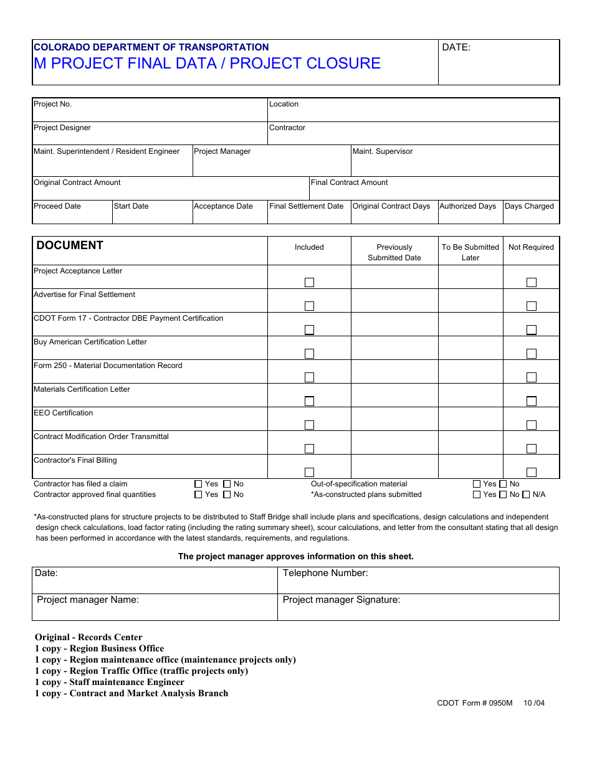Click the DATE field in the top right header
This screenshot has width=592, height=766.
pyautogui.click(x=499, y=62)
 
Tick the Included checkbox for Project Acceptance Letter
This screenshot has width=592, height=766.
pyautogui.click(x=309, y=282)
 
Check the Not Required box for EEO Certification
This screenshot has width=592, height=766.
pyautogui.click(x=531, y=425)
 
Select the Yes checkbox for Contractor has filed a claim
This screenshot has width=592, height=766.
pyautogui.click(x=198, y=484)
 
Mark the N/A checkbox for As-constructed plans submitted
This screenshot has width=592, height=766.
pyautogui.click(x=526, y=494)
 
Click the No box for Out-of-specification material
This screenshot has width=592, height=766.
pyautogui.click(x=503, y=484)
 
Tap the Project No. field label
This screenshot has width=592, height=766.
pyautogui.click(x=52, y=104)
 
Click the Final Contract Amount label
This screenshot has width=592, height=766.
pyautogui.click(x=349, y=182)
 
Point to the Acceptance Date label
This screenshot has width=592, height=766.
pyautogui.click(x=223, y=206)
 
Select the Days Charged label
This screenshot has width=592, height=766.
pyautogui.click(x=529, y=206)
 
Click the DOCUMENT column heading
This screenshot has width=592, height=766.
pyautogui.click(x=70, y=245)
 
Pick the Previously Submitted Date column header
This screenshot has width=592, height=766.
pyautogui.click(x=394, y=252)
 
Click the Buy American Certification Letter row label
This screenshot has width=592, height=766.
pyautogui.click(x=90, y=342)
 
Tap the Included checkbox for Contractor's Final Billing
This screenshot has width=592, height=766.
pyautogui.click(x=309, y=472)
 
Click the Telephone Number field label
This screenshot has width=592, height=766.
pyautogui.click(x=325, y=573)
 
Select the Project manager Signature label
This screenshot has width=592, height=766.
pyautogui.click(x=341, y=600)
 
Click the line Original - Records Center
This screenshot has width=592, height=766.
pyautogui.click(x=88, y=637)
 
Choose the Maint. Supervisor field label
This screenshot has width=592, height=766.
pyautogui.click(x=383, y=151)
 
